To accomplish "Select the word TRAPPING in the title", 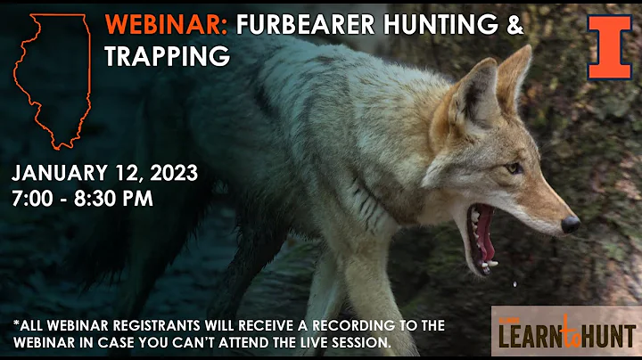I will coord(167,56).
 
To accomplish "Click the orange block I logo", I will coord(609,47).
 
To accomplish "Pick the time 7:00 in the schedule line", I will coord(33,198).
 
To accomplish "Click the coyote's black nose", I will coord(570,225).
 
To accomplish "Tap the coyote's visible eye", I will coord(514,168).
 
